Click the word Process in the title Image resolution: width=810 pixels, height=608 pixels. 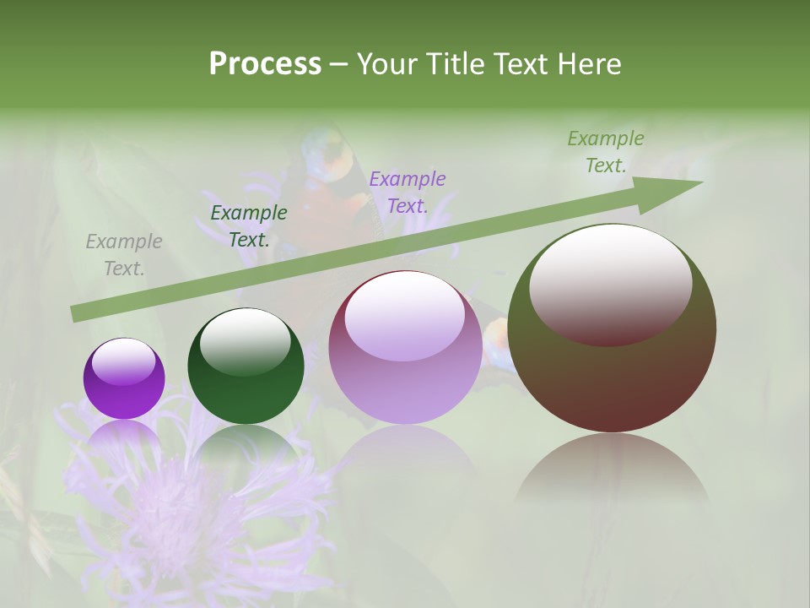pyautogui.click(x=265, y=64)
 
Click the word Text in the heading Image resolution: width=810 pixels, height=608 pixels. pyautogui.click(x=519, y=64)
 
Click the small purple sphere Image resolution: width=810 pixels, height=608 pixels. pyautogui.click(x=124, y=388)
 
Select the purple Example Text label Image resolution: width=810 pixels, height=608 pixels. pyautogui.click(x=408, y=193)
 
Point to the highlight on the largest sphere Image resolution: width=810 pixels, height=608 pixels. pyautogui.click(x=610, y=285)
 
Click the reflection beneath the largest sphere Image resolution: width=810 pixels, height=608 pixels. pyautogui.click(x=612, y=469)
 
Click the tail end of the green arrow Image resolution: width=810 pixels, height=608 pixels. pyautogui.click(x=76, y=313)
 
